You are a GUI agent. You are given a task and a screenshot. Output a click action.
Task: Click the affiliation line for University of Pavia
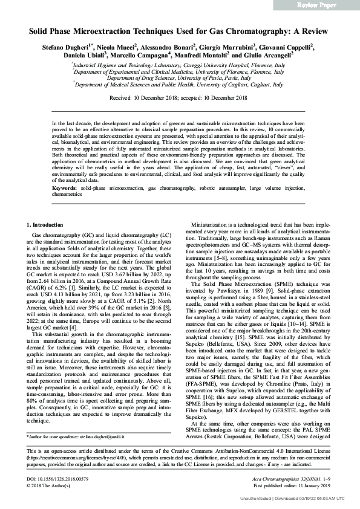click(179, 78)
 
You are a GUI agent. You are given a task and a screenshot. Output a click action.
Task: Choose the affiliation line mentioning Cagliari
click(179, 85)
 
